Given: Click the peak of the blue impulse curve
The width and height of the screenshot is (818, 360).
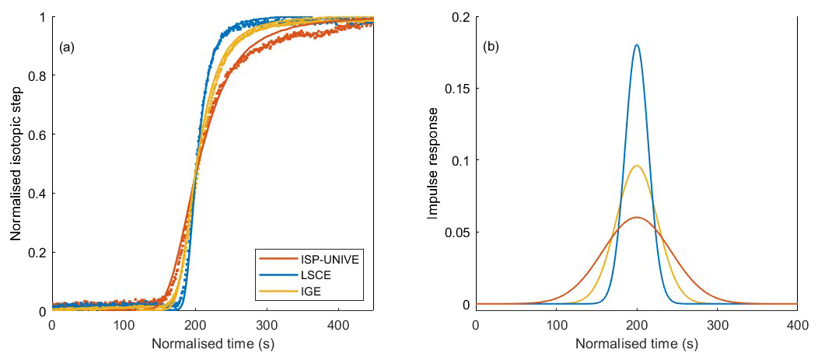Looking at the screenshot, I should pos(638,45).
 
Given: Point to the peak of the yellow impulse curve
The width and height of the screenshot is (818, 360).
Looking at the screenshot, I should pos(638,166).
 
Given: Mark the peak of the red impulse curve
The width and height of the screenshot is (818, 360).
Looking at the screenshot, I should pos(638,218).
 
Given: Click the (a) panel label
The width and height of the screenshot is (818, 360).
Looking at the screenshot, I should pos(67,47).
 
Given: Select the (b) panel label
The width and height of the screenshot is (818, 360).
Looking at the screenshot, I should pos(491,47).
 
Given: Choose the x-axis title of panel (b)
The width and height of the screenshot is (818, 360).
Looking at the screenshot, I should pos(636,343).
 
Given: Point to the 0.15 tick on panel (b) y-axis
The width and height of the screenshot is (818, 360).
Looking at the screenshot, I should pos(456,89).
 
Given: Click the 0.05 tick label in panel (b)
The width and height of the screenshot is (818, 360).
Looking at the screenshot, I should pos(456,232).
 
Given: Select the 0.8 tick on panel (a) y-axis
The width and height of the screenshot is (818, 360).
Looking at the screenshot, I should pos(37,75).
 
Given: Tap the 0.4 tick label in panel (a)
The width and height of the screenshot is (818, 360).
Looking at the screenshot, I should pos(37,194).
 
